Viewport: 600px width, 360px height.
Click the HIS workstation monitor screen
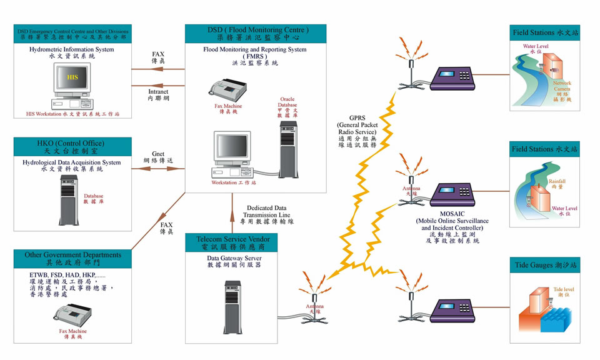tap(72, 79)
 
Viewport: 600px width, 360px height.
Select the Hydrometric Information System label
tap(72, 49)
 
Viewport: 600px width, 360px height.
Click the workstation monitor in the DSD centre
tap(231, 147)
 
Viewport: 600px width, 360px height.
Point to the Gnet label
tap(158, 153)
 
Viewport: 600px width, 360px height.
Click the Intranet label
tap(158, 91)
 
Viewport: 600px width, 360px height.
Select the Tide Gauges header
tap(544, 266)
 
